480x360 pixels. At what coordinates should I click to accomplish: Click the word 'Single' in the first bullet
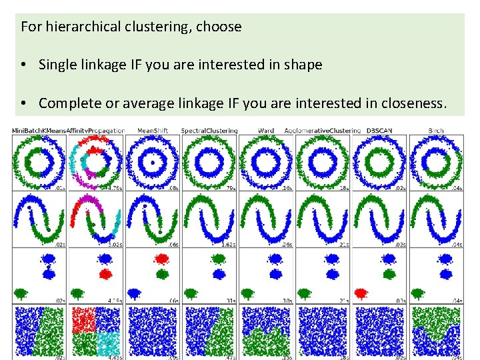57,65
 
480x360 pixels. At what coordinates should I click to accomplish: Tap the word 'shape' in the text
303,65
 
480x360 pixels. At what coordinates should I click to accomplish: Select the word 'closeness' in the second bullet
410,103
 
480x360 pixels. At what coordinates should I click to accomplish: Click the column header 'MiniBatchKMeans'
39,130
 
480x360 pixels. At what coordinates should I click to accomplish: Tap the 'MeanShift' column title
152,130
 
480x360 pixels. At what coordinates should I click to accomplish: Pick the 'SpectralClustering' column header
209,130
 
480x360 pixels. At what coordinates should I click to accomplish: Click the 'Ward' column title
265,130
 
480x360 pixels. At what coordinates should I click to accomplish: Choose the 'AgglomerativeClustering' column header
322,130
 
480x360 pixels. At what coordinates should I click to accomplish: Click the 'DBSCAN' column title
379,130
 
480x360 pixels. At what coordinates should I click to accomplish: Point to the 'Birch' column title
435,130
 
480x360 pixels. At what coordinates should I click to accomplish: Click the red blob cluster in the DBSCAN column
361,293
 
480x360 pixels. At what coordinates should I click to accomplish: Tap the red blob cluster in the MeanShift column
161,259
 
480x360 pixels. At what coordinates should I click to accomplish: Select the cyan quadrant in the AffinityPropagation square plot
108,345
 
